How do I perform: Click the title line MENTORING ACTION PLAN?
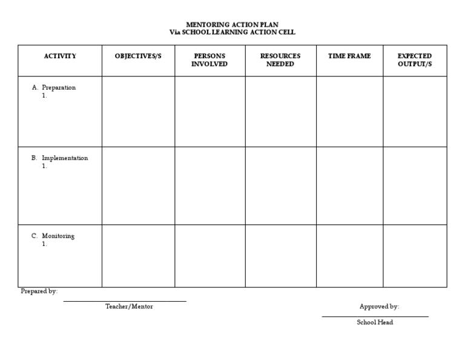click(x=232, y=24)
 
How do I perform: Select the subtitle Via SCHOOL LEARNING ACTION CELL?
click(x=232, y=32)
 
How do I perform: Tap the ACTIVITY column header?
click(x=60, y=56)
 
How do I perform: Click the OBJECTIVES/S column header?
click(x=138, y=56)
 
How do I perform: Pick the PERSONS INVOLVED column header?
click(x=209, y=60)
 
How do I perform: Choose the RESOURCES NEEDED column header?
click(x=280, y=60)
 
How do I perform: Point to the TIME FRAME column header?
click(x=349, y=56)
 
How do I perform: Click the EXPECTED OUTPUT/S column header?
click(x=415, y=60)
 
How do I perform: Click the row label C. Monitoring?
click(x=54, y=236)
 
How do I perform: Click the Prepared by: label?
click(x=39, y=292)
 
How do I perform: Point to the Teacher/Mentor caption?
click(x=129, y=307)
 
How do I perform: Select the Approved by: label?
click(x=379, y=307)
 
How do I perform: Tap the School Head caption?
click(x=375, y=322)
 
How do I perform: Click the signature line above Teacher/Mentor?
click(x=125, y=301)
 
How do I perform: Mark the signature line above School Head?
click(x=375, y=316)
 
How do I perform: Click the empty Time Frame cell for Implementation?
click(x=349, y=185)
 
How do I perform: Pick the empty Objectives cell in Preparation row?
click(x=138, y=112)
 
